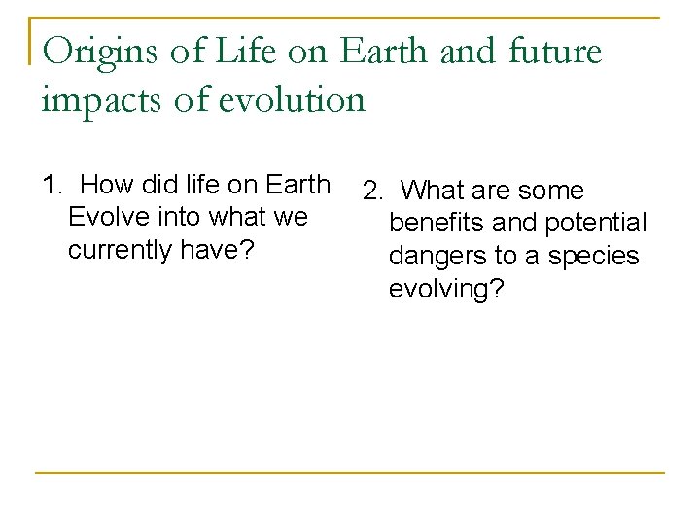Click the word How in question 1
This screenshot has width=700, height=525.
click(106, 184)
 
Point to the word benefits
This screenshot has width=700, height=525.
click(437, 224)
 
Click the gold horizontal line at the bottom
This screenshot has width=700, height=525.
click(350, 472)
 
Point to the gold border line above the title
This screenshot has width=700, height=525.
click(350, 17)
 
